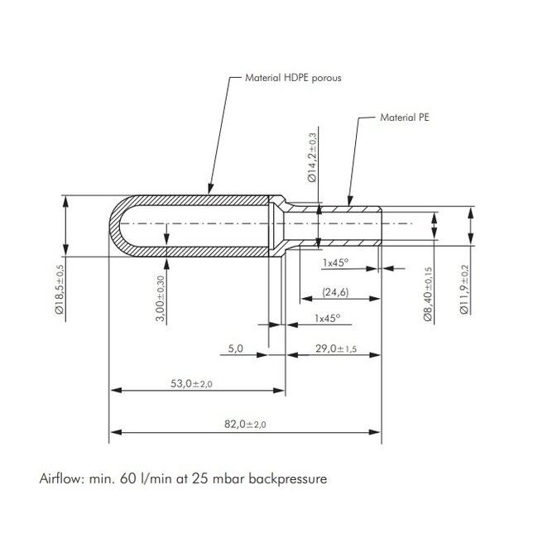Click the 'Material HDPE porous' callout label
tap(293, 78)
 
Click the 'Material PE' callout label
tap(405, 118)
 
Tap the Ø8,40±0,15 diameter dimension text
tap(428, 294)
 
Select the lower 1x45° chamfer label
tap(327, 318)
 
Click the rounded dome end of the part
tap(118, 224)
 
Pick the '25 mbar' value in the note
tap(219, 478)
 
